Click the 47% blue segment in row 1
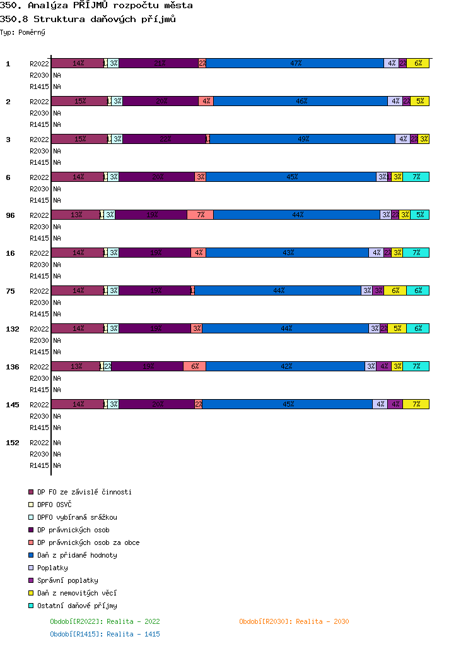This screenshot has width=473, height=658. coord(295,63)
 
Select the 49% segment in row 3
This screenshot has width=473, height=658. coord(303,139)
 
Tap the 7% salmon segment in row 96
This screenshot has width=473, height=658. coord(200,215)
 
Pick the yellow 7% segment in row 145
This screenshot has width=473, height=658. coord(416,404)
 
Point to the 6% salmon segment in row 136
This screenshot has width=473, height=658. coord(194,366)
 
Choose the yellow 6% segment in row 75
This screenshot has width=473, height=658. coord(395,290)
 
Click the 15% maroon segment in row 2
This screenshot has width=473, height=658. coord(79,101)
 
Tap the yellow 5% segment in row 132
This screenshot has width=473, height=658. coord(397,328)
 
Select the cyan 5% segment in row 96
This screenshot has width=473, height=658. coord(419,215)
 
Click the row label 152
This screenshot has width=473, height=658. coord(13,443)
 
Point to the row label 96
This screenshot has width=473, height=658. coord(11,215)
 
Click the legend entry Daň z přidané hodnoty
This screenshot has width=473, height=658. coord(77,555)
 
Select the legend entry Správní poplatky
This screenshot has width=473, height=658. coord(67,580)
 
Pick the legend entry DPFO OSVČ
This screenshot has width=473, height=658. coord(54,505)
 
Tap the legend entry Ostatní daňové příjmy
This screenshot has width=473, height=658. coord(77,606)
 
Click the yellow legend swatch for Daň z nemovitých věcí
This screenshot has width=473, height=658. coord(30,593)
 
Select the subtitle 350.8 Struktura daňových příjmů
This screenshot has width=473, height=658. coord(88,19)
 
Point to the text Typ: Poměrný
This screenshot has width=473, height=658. coord(23,32)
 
